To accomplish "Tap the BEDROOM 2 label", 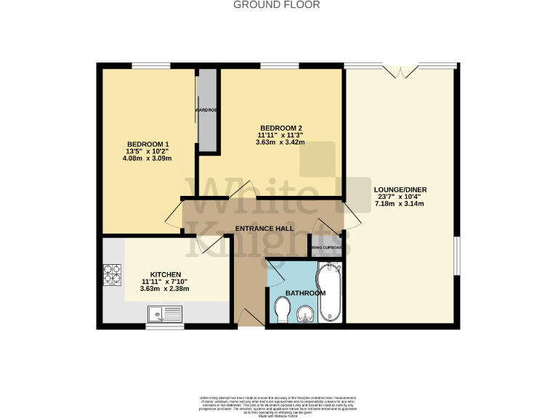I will click(280, 127).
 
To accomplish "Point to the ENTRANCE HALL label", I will click(264, 229).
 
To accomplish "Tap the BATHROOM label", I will click(305, 292).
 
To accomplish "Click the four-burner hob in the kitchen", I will click(113, 274).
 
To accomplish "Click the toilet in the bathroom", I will click(283, 311).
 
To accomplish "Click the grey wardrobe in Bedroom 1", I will click(208, 110).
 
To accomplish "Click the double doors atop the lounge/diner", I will click(401, 70).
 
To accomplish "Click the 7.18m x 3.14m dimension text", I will click(398, 204).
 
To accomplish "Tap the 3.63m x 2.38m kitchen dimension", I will click(164, 289).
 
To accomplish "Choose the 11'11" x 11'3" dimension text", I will click(280, 135).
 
